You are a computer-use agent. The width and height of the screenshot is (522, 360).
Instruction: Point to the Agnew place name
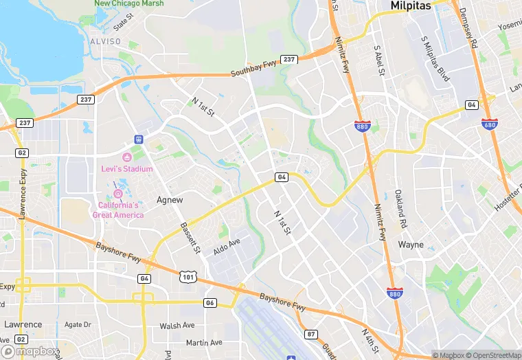pos(170,200)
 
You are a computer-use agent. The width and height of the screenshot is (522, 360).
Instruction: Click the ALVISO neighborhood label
pos(104,41)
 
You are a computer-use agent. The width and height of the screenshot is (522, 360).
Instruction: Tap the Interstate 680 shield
pos(490,124)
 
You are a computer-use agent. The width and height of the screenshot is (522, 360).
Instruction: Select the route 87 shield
pos(312,334)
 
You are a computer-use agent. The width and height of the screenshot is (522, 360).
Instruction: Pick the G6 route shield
pos(144,278)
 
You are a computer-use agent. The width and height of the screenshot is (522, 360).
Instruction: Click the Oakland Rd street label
pos(399,208)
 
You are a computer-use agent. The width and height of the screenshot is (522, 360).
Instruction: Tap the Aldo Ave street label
pos(227,247)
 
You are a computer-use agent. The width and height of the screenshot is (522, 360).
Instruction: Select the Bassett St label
pos(190,238)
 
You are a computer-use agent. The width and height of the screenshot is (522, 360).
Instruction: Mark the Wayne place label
pos(411,245)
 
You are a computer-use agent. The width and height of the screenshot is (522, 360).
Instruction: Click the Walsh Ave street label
pos(177,326)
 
